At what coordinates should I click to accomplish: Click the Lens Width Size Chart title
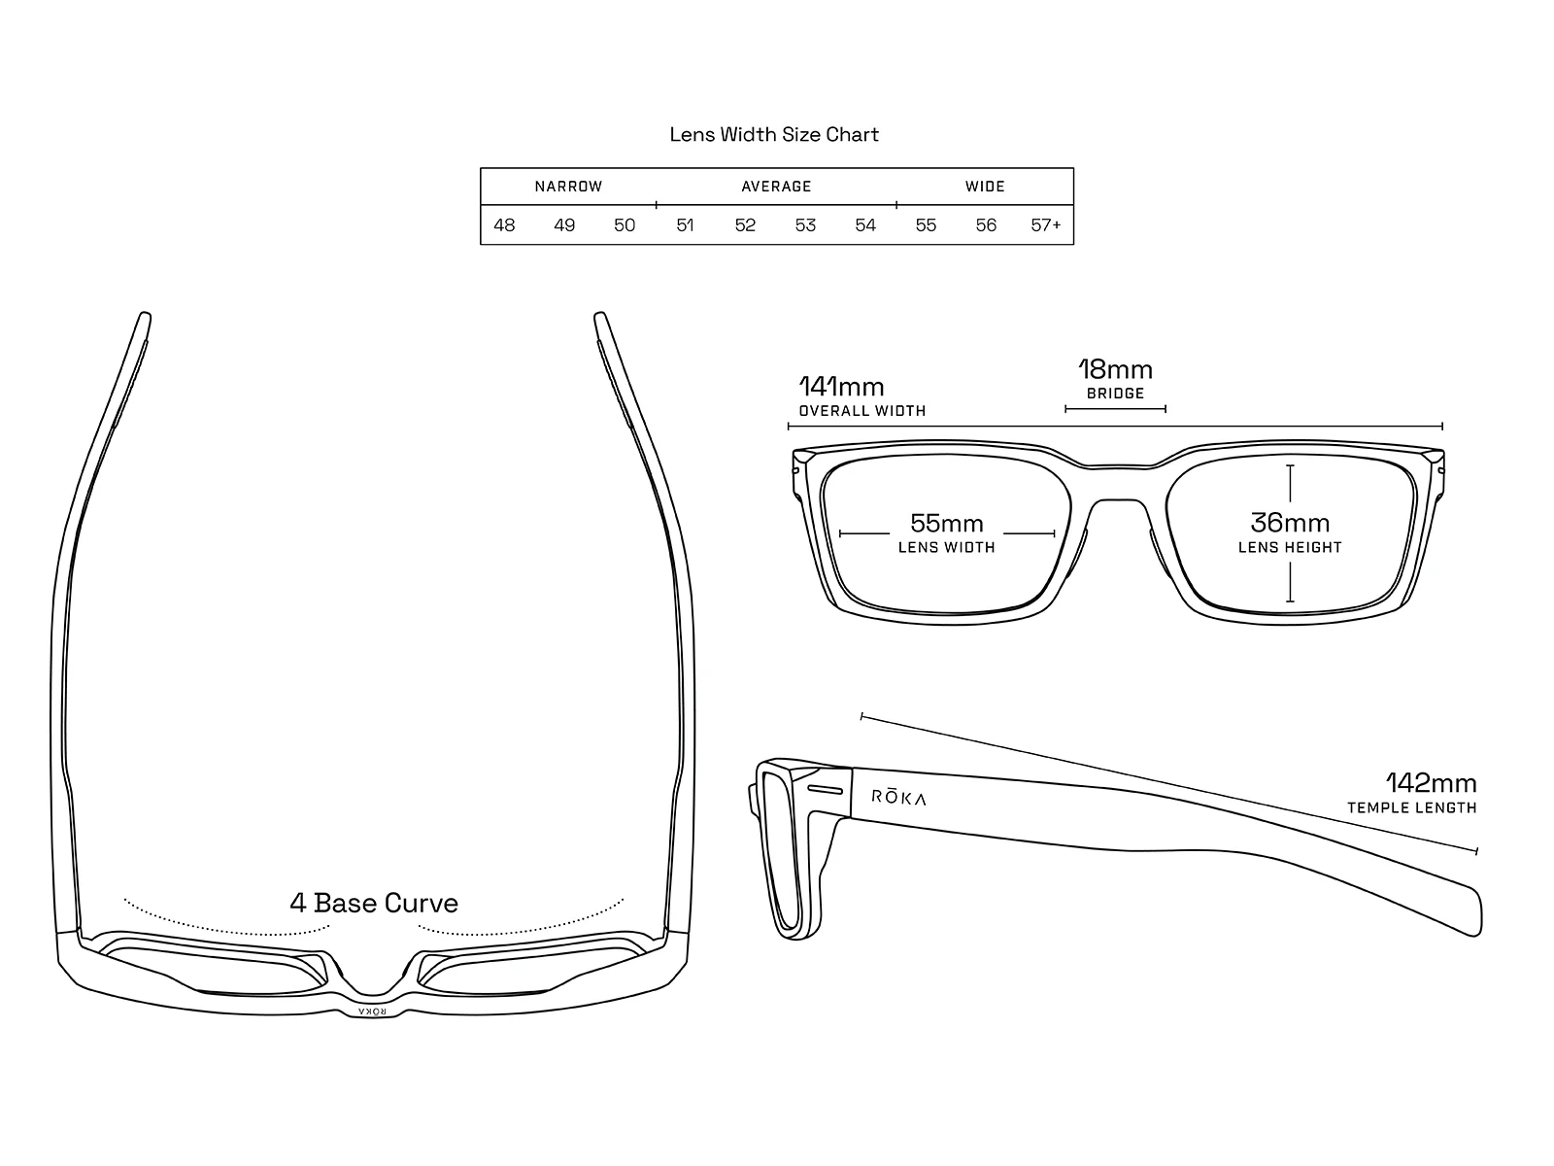(x=774, y=135)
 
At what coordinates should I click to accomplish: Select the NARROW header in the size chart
(x=568, y=187)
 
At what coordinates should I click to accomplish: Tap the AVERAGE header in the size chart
(x=776, y=187)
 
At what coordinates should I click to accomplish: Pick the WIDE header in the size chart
(x=985, y=187)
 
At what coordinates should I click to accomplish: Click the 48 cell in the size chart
(x=504, y=225)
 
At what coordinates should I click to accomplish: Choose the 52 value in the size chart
(x=745, y=225)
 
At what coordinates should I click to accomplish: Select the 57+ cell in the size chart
(x=1046, y=225)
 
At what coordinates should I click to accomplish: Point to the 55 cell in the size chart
(x=926, y=225)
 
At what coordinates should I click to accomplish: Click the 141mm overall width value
(x=841, y=387)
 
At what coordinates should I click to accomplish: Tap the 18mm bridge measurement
(x=1115, y=370)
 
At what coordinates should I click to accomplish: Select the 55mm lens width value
(x=947, y=524)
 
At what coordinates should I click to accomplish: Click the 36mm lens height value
(x=1290, y=523)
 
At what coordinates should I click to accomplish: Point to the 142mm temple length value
(x=1431, y=783)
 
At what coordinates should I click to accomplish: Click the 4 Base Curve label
(x=374, y=904)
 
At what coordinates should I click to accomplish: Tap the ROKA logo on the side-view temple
(x=898, y=798)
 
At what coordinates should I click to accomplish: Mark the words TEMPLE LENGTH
(x=1411, y=808)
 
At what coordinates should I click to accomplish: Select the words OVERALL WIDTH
(x=862, y=411)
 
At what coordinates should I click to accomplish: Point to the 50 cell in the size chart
(x=625, y=225)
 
